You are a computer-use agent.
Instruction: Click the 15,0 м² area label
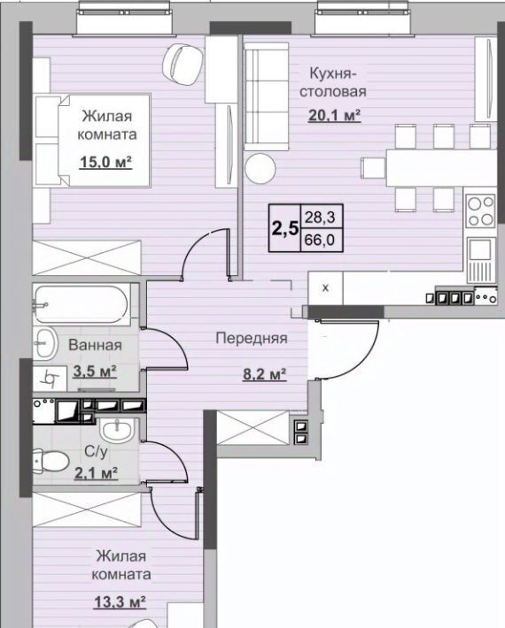(x=106, y=162)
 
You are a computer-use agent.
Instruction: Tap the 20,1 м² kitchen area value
(x=335, y=115)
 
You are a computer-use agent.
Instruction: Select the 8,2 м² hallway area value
(x=264, y=374)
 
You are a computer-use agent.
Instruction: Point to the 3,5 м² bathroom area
(x=95, y=371)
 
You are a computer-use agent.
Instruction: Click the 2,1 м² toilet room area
(x=97, y=473)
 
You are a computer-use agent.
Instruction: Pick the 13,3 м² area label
(x=120, y=601)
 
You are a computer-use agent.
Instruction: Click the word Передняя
(x=252, y=339)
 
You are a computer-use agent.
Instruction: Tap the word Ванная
(x=95, y=345)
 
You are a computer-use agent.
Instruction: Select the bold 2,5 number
(x=285, y=229)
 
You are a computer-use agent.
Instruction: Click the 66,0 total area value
(x=320, y=241)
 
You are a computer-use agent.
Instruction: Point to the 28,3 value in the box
(x=320, y=218)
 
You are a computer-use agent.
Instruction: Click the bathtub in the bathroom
(x=81, y=304)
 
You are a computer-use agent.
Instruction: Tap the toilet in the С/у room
(x=51, y=462)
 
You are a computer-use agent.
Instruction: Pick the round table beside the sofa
(x=260, y=168)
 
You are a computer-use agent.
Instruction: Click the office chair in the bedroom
(x=183, y=65)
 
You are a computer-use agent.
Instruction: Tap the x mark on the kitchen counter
(x=326, y=287)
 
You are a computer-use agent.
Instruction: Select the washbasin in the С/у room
(x=116, y=431)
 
